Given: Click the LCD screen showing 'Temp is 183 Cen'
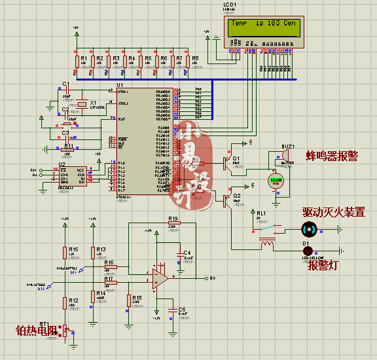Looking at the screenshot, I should [262, 26].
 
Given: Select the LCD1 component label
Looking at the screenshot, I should [229, 5].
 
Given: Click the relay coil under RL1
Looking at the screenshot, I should [266, 244].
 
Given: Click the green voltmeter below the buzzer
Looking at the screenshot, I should [276, 181].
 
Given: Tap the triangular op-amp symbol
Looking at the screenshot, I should [159, 278].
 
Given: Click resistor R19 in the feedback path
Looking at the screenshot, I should [173, 223].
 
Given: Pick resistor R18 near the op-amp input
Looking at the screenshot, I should [128, 300].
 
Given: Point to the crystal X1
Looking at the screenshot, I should [82, 103].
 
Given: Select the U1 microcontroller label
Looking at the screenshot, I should [120, 85].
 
